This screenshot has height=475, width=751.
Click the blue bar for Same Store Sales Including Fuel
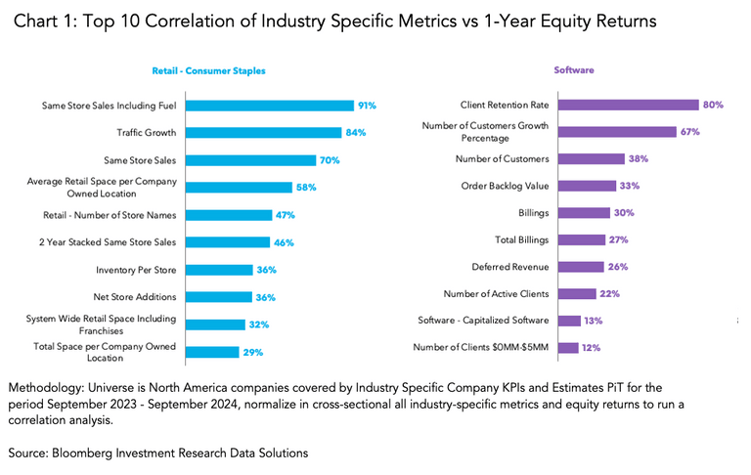[269, 106]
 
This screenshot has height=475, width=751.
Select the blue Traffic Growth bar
[262, 133]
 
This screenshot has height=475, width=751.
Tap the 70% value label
[331, 160]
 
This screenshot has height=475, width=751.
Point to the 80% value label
[713, 105]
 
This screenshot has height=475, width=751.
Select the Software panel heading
[573, 70]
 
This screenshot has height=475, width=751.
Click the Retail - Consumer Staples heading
[208, 71]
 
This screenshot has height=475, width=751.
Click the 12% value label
[590, 347]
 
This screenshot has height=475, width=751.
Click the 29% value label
[253, 352]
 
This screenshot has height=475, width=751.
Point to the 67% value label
[691, 132]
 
